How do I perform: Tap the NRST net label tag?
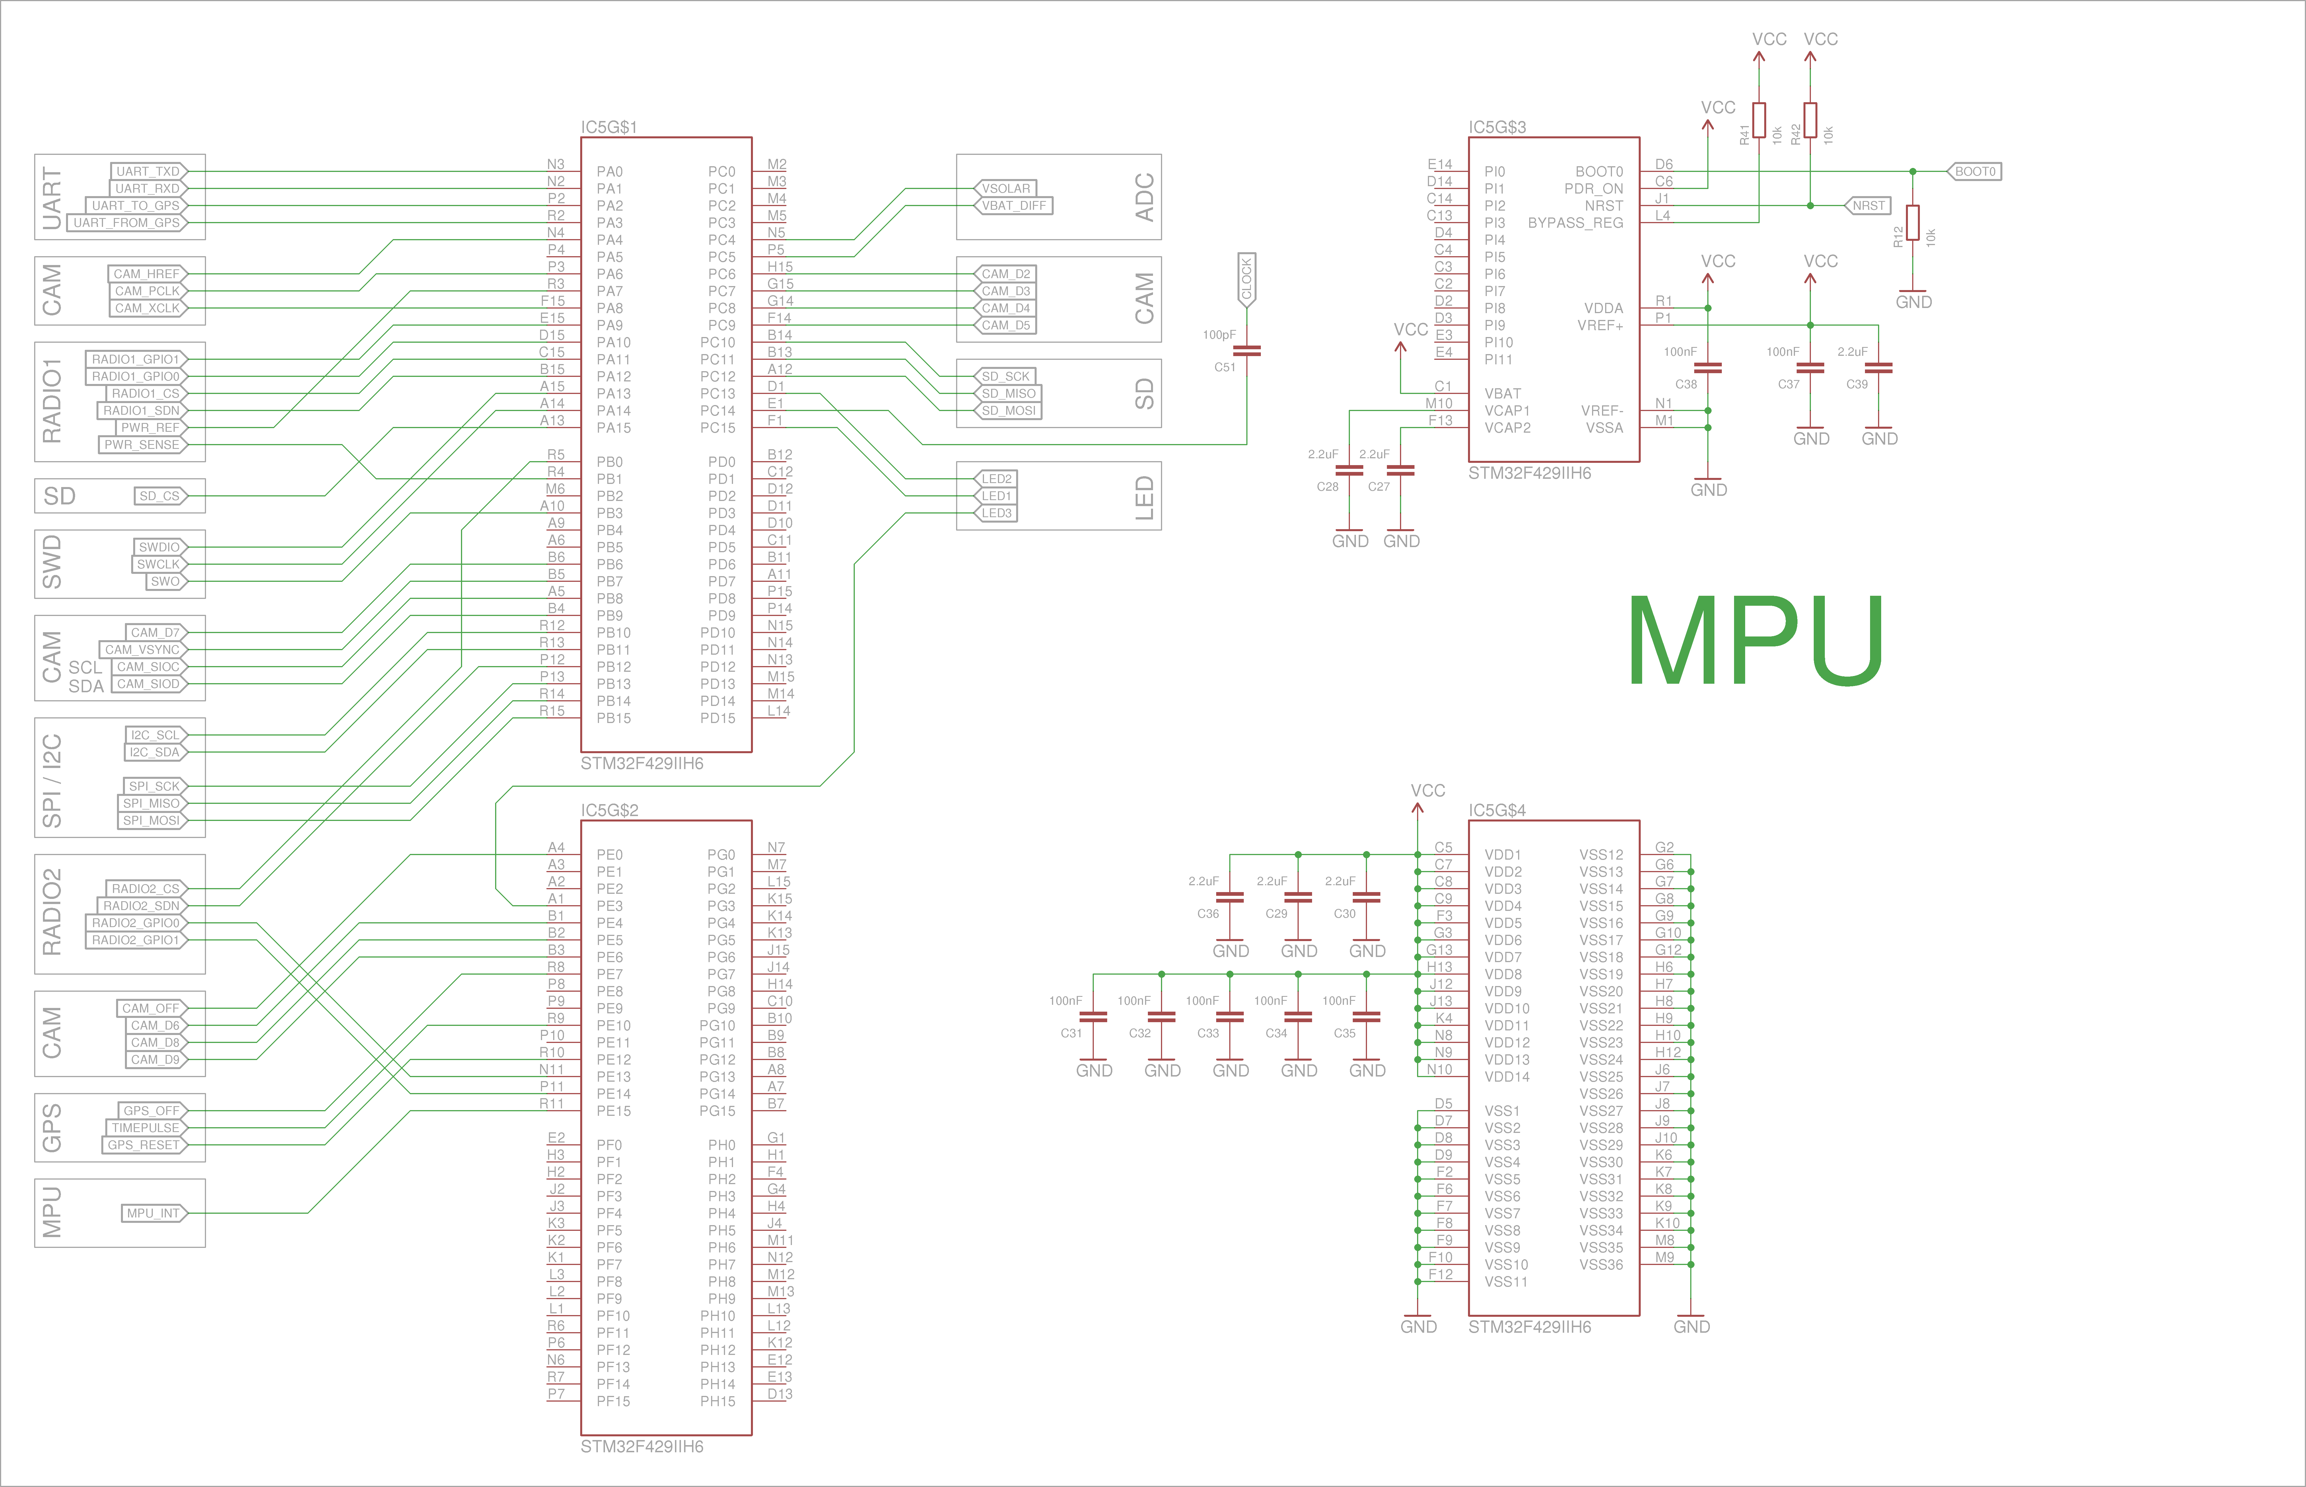click(1868, 206)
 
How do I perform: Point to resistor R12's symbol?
click(1912, 223)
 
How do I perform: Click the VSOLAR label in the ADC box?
click(1006, 188)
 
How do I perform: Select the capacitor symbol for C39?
click(1878, 368)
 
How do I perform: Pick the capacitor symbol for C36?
click(1230, 897)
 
